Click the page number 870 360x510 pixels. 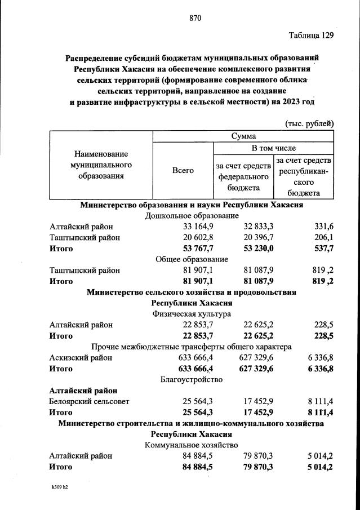pos(195,18)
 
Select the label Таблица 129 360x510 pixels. pos(311,36)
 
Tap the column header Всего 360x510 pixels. pos(183,170)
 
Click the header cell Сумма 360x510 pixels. pos(243,136)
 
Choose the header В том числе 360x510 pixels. pos(273,148)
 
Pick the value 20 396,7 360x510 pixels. pos(259,237)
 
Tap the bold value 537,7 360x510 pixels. pos(321,249)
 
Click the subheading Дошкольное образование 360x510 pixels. pos(192,216)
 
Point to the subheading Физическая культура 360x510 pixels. pos(192,314)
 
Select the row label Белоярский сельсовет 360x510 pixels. pos(90,402)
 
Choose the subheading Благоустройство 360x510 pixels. pos(192,380)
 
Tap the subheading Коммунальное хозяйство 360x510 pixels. pos(192,445)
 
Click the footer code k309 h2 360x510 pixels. pos(59,485)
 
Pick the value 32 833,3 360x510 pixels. pos(259,227)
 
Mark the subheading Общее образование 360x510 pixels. pos(192,259)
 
